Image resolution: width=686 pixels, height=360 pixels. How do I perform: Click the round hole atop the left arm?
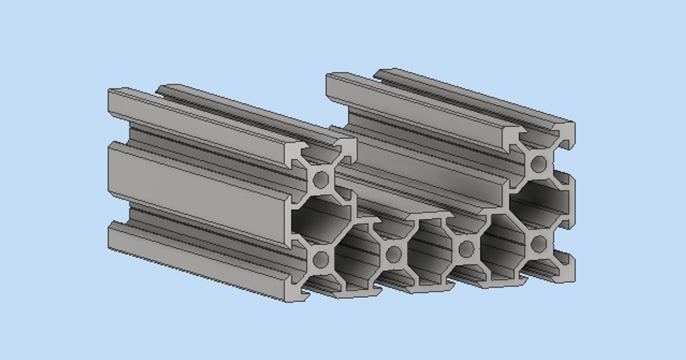321,179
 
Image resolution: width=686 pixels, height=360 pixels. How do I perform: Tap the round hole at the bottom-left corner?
321,260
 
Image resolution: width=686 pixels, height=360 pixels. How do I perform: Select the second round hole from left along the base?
393,254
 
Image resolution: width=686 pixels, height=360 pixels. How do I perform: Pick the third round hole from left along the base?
466,249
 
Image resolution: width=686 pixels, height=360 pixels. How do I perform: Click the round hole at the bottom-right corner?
538,244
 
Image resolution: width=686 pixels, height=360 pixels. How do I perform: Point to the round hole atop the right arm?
538,165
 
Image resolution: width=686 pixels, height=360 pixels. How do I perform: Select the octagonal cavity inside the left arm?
321,220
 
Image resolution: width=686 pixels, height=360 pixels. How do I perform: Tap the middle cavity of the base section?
430,251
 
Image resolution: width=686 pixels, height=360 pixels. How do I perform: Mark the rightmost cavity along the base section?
502,246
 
